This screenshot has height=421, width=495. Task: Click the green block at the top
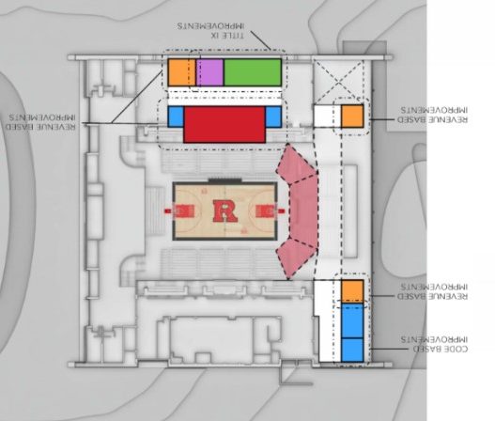point(253,72)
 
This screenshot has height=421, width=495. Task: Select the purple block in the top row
point(210,72)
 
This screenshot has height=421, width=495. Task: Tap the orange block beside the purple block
point(182,72)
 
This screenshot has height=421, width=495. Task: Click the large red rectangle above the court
point(224,124)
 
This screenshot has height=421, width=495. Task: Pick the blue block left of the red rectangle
point(176,117)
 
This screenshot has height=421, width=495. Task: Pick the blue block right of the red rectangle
point(273,117)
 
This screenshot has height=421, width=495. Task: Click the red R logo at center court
point(225,211)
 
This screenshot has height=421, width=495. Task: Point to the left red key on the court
point(183,211)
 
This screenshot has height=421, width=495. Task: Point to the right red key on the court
point(266,211)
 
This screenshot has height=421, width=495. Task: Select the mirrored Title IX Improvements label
point(210,30)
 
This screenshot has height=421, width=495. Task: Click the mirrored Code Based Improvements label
point(434,344)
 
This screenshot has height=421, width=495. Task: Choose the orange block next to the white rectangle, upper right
point(352,117)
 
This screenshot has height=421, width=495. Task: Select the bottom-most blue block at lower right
point(352,350)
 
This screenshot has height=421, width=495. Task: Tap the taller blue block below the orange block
point(352,320)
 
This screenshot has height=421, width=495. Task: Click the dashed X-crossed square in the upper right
point(338,80)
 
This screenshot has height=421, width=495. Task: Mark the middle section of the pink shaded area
point(304,211)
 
